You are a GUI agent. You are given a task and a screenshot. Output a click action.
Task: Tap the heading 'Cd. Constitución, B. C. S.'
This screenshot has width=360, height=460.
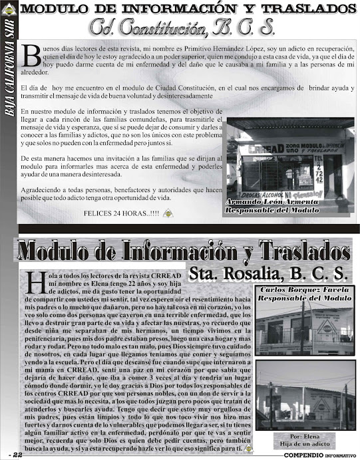pos(180,28)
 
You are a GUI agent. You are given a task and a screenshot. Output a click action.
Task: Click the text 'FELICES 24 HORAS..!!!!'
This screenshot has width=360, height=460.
pos(121,213)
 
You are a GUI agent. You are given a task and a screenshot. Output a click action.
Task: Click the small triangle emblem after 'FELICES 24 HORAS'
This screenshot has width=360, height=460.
pos(168,213)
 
